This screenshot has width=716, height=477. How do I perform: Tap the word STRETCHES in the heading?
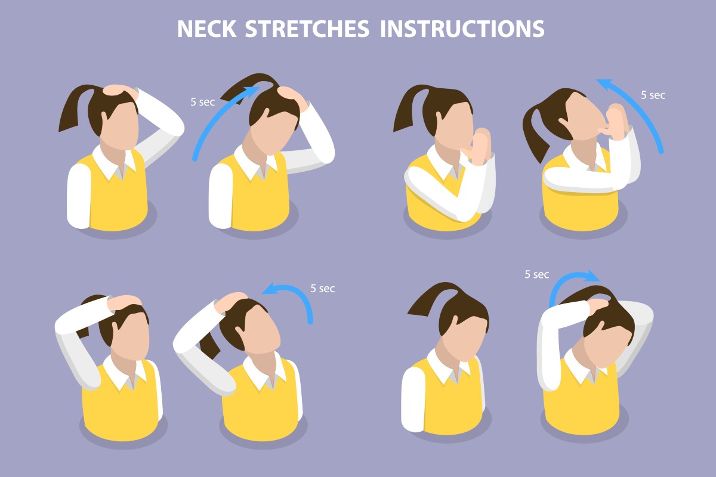(314, 29)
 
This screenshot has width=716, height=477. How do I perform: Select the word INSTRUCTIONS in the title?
(462, 29)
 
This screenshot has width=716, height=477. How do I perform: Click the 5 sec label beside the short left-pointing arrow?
(322, 289)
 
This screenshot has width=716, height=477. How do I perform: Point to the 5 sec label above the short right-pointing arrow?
(536, 274)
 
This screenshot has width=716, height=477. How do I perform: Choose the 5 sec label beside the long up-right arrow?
(202, 102)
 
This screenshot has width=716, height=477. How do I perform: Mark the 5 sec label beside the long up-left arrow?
(653, 95)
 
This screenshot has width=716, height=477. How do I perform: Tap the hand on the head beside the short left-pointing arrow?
(229, 301)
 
